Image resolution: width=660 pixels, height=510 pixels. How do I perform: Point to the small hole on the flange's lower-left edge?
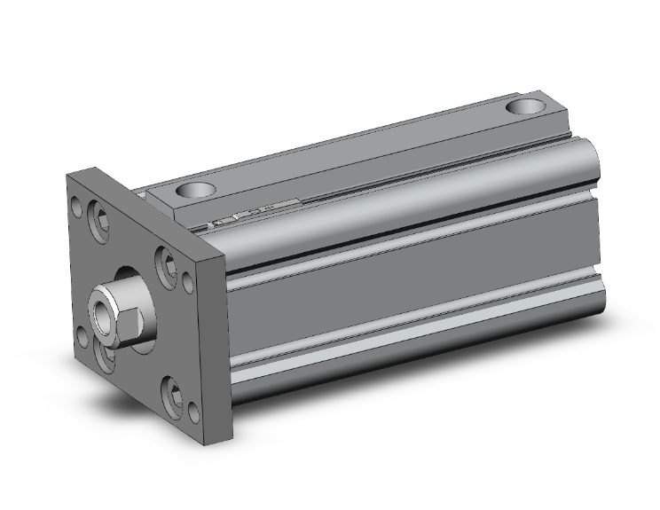click(82, 338)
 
